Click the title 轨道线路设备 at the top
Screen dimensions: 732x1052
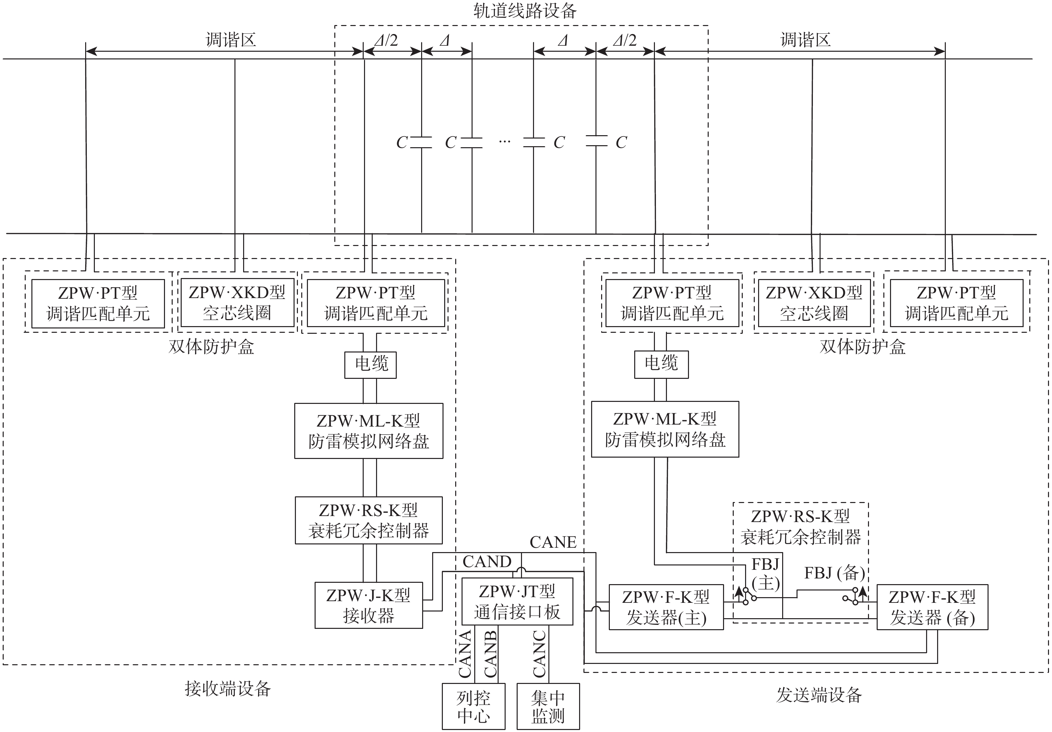[525, 11]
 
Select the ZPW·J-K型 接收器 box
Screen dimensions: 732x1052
[368, 605]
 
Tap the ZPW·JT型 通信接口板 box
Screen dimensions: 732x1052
[517, 601]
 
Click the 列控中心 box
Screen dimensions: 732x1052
[473, 706]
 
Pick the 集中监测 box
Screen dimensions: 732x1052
[548, 706]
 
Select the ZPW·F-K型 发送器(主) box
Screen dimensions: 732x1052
[666, 607]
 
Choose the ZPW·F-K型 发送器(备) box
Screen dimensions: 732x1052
[932, 607]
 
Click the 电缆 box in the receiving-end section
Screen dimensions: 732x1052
[371, 364]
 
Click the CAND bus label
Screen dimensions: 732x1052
[487, 561]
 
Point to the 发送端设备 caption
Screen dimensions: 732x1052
[819, 695]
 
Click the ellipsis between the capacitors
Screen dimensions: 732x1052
[505, 142]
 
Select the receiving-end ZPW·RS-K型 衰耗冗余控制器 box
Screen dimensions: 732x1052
[368, 520]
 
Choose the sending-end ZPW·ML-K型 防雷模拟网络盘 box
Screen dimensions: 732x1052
[665, 429]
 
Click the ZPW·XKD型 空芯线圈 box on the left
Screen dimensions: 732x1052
[237, 303]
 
